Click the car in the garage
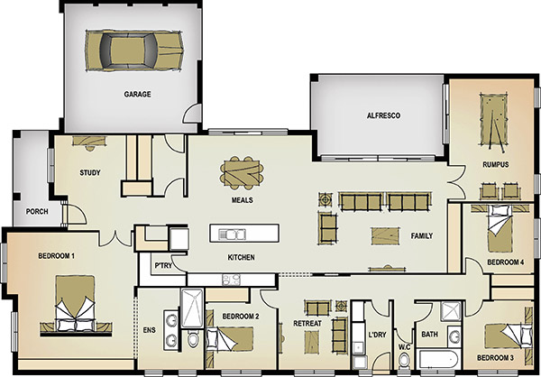[x=134, y=51]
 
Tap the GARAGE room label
[x=137, y=94]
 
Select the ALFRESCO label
[x=383, y=115]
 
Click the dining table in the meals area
[x=242, y=172]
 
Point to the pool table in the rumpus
[x=494, y=121]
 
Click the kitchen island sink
[x=232, y=234]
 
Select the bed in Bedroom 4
[x=500, y=228]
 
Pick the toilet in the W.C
[x=404, y=360]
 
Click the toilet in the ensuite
[x=193, y=339]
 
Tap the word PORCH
[x=37, y=211]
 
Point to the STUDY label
[x=90, y=172]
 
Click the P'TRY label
[x=163, y=265]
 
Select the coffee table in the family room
[x=385, y=236]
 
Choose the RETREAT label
[x=307, y=324]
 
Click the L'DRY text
[x=377, y=335]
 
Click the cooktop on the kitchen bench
[x=231, y=280]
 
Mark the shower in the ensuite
[x=192, y=308]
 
